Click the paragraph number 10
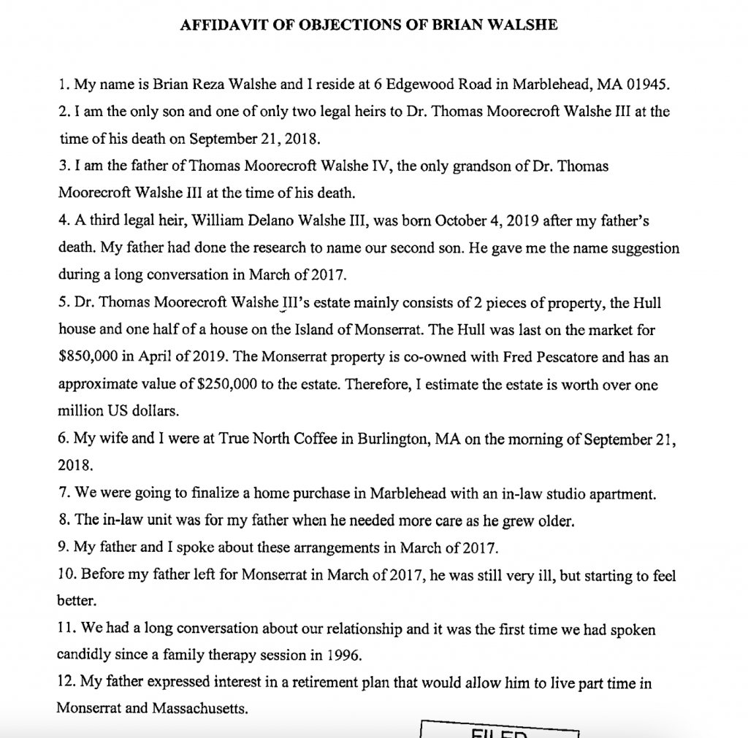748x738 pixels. point(66,576)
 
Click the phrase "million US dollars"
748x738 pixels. point(118,411)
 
